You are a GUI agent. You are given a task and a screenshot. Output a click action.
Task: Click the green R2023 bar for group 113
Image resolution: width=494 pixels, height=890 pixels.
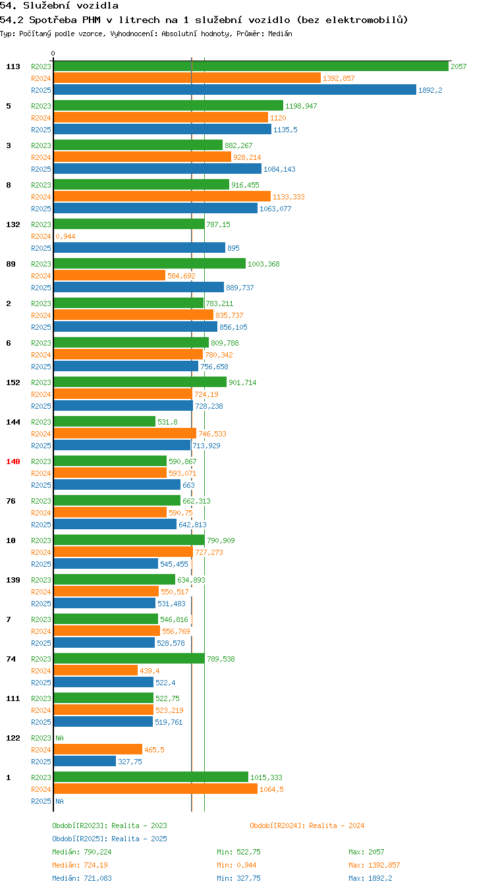251,66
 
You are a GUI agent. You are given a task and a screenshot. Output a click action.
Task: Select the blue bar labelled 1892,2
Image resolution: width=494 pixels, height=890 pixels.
235,90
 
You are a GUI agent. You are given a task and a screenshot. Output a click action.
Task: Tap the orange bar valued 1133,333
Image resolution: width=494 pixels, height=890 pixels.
162,196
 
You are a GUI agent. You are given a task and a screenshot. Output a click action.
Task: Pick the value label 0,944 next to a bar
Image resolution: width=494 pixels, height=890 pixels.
66,236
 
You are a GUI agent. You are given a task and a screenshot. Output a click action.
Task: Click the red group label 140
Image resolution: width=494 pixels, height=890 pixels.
13,461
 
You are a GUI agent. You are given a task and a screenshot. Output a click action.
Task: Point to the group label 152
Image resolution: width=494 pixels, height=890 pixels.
13,382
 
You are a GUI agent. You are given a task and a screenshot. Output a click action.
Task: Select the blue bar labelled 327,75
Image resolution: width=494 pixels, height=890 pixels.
85,761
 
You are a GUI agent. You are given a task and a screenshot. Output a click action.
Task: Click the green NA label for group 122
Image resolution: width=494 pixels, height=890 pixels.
60,738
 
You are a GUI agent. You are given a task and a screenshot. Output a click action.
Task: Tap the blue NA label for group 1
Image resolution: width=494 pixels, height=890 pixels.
60,801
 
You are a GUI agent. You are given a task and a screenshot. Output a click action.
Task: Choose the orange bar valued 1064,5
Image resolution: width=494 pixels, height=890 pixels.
156,789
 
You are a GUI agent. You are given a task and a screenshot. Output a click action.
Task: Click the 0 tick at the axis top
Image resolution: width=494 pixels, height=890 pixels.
53,53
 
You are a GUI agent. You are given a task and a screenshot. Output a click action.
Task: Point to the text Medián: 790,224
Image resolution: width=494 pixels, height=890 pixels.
82,852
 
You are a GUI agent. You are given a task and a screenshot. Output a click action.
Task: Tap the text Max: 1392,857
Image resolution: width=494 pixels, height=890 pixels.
374,865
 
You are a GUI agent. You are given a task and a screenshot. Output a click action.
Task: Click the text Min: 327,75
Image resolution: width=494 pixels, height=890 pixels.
238,878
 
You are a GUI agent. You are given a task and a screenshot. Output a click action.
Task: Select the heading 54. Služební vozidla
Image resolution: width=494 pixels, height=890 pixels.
59,5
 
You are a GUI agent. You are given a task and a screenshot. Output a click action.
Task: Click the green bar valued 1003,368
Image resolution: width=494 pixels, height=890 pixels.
150,263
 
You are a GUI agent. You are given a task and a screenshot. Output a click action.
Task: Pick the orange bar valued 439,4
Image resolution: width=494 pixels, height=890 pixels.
96,670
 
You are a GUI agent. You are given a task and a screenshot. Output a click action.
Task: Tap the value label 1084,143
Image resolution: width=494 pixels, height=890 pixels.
279,169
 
